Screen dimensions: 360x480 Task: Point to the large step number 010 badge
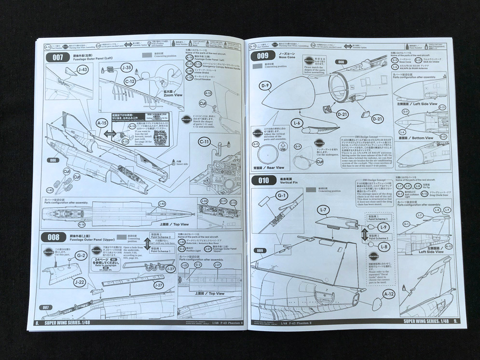coord(263,180)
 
